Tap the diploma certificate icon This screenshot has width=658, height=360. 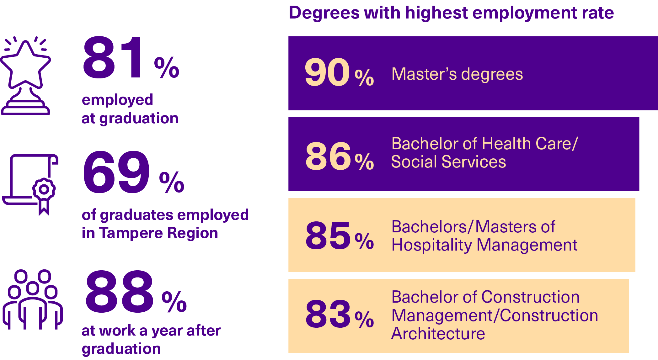30,183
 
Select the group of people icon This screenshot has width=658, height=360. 32,299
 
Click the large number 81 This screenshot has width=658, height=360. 113,58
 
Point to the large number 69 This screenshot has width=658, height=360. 116,172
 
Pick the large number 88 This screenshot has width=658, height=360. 119,292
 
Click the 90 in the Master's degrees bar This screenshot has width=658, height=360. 327,73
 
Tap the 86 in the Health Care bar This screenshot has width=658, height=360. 328,156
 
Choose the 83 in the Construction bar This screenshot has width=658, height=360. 328,314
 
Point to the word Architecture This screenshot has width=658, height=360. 438,334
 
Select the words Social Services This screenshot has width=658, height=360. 449,162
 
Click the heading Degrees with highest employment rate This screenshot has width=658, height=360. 451,13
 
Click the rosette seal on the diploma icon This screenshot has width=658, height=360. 44,189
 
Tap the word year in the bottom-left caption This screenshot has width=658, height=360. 167,331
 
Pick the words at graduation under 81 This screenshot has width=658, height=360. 130,119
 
